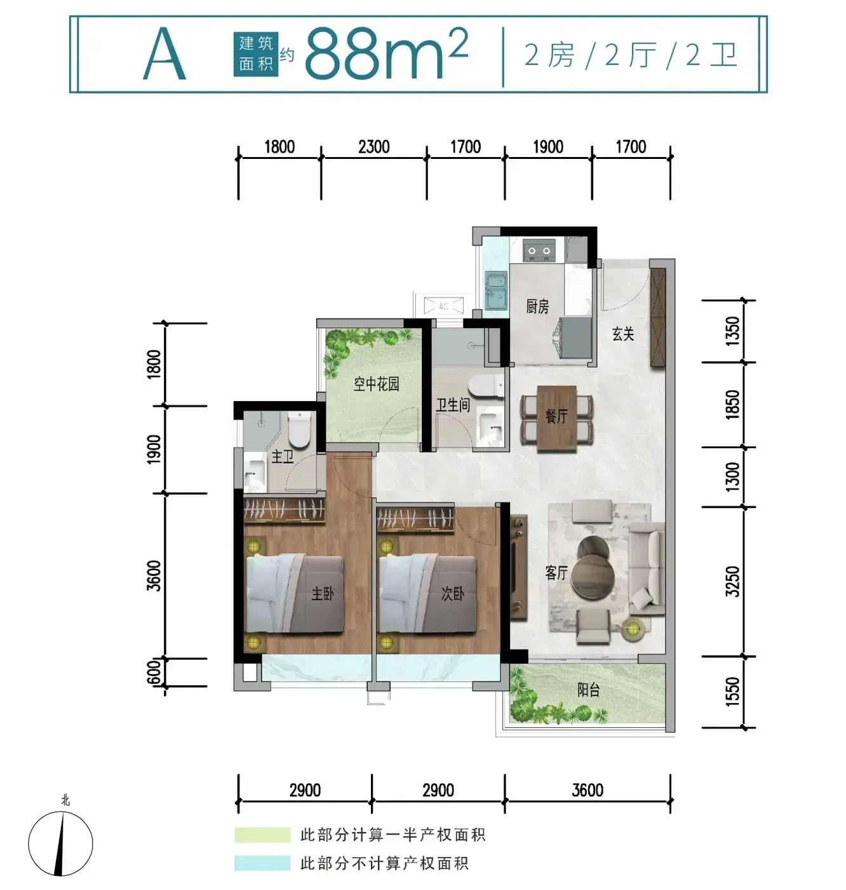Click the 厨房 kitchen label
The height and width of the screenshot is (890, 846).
click(537, 307)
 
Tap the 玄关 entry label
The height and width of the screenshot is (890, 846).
click(623, 334)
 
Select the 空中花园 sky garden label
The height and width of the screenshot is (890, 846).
click(376, 385)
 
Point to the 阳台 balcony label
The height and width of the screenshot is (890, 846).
click(589, 690)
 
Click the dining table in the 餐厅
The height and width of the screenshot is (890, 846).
click(557, 418)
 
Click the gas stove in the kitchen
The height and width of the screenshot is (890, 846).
click(539, 250)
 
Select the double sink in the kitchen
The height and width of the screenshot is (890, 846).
click(496, 290)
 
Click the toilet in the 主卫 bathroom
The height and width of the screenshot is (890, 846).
click(299, 428)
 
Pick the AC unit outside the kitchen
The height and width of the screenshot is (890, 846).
click(443, 306)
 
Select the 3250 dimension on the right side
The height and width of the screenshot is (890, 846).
click(732, 582)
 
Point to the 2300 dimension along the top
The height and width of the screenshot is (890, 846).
click(373, 147)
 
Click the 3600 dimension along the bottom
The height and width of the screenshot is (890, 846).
click(587, 790)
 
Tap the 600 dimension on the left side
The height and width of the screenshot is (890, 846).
click(154, 672)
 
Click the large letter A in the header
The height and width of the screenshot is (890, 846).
click(164, 54)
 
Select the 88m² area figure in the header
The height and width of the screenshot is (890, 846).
click(386, 53)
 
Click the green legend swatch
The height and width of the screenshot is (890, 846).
click(262, 835)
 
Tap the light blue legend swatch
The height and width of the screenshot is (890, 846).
click(262, 863)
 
